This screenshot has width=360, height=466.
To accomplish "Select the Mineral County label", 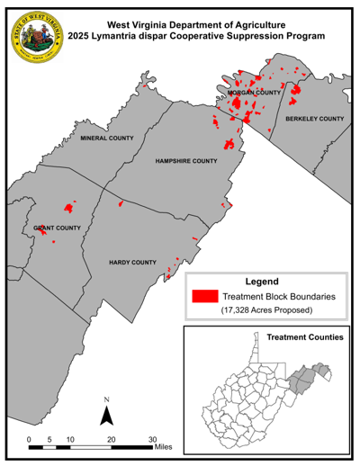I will point(106,139).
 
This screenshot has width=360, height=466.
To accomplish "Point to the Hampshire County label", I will point(186,162).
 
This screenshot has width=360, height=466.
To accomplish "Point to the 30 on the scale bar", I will point(152,438).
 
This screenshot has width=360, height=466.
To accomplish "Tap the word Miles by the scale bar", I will point(163,445).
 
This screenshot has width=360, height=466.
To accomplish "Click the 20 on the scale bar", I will point(112,438).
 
